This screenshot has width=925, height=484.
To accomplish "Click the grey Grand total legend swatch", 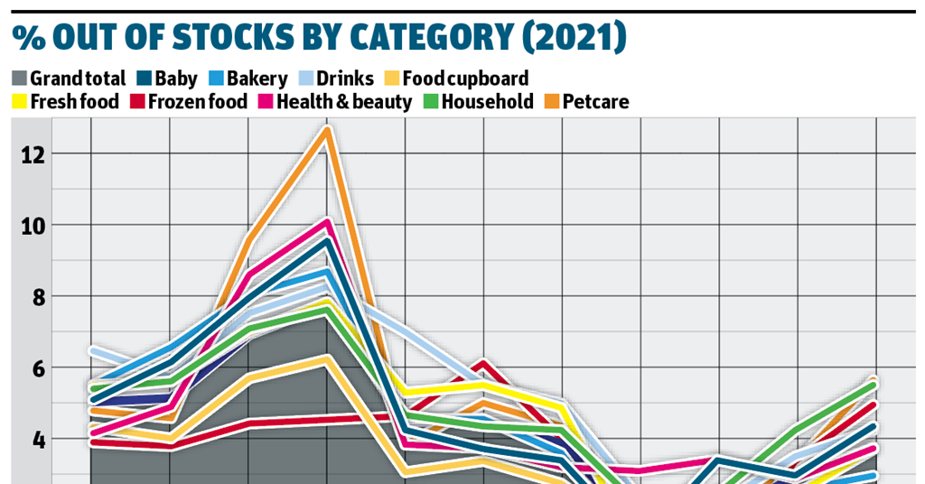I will tap(20, 79).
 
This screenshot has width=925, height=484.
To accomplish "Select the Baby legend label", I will tap(176, 79).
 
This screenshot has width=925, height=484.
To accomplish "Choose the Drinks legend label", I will tap(346, 79).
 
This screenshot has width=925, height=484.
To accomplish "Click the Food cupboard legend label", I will tap(465, 79).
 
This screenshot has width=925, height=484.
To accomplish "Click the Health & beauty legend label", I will tap(344, 101).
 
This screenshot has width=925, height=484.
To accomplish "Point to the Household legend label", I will tap(488, 101).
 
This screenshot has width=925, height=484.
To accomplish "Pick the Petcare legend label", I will tap(595, 101).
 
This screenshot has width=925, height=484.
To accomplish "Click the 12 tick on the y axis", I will tap(33, 154).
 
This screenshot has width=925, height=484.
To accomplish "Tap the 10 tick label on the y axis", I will tap(33, 225).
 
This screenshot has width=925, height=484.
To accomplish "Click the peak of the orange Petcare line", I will tap(327, 130).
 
